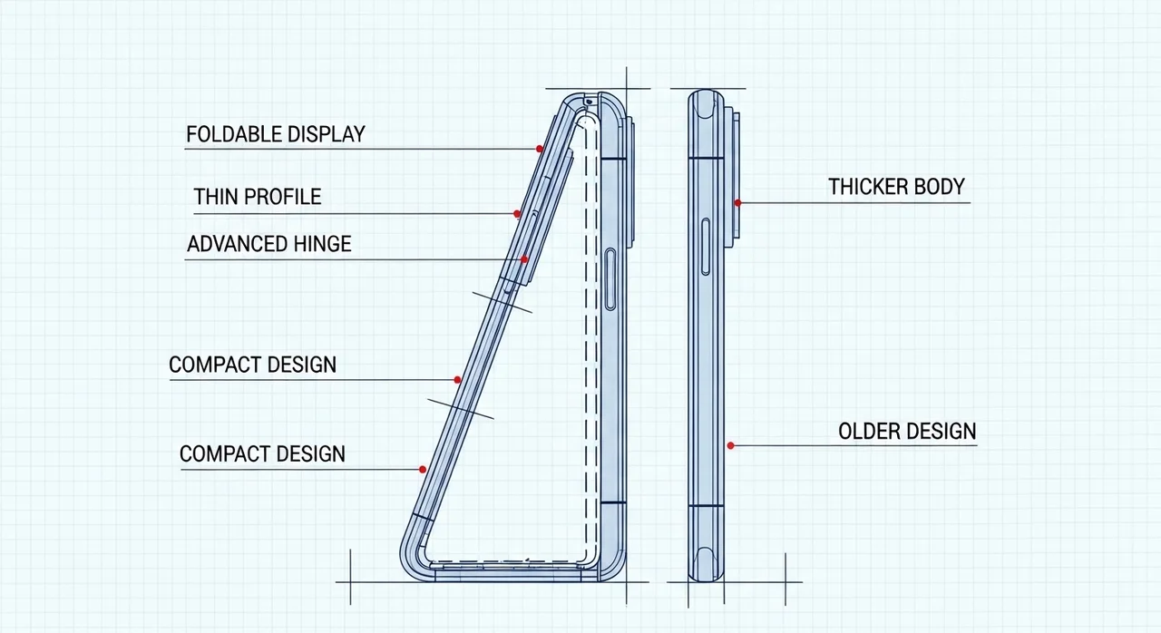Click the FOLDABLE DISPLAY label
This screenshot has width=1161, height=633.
coord(275,134)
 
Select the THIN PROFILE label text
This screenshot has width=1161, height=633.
coord(258,196)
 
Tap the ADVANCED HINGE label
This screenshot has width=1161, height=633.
coord(268,243)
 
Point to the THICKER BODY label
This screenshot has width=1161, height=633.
coord(896,187)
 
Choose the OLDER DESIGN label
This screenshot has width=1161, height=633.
coord(907,431)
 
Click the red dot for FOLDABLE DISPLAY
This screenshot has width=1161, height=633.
coord(540,149)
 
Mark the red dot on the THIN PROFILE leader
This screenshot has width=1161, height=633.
coord(517,215)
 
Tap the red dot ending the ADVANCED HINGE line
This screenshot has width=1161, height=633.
coord(524,260)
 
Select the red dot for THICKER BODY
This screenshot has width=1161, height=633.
coord(738,202)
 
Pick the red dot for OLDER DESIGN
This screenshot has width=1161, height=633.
coord(731,445)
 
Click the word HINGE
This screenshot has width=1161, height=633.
coord(322,243)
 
